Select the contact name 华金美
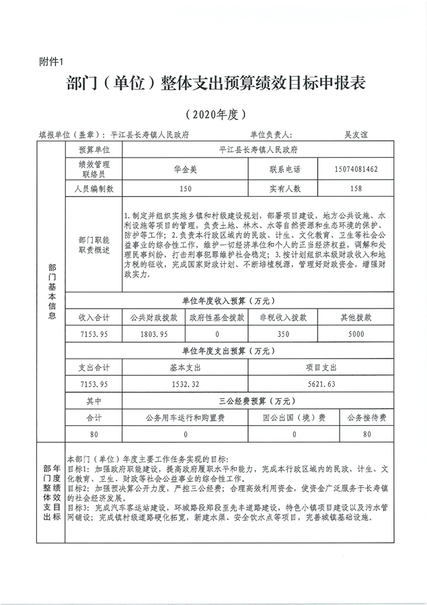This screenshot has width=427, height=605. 186,168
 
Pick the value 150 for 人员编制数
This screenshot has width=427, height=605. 186,189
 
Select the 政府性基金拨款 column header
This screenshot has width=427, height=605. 217,317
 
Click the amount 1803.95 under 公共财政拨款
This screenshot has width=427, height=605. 153,334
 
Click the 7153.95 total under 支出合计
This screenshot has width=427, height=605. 93,383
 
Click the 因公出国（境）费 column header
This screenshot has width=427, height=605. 295,418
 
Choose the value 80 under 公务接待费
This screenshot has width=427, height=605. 366,435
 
